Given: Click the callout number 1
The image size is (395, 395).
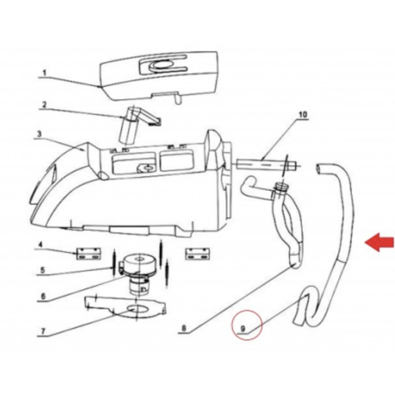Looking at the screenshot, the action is tap(45, 73).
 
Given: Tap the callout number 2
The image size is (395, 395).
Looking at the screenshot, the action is tap(44, 105).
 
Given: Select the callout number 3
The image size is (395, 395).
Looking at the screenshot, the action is tap(39, 134).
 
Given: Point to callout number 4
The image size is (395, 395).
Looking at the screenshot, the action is tap(40, 244).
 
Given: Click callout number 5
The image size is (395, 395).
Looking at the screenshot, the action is tap(42, 271).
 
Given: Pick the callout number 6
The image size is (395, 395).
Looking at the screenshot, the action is tap(43, 296).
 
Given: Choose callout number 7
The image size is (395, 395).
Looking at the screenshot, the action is tap(43, 331).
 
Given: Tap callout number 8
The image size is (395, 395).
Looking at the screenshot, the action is tap(184, 328).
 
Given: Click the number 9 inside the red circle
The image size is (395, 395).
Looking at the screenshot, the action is tap(243, 329).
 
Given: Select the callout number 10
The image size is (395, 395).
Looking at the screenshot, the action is tap(303, 115).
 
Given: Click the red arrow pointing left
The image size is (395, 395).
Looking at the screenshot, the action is tap(379, 242).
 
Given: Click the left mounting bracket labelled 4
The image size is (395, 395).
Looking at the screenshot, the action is tap(88, 254).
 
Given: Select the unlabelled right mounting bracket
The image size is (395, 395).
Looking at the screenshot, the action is tap(197, 253).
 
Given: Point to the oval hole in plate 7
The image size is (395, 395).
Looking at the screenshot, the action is tap(136, 308).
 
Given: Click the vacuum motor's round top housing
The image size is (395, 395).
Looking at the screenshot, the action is tap(138, 263).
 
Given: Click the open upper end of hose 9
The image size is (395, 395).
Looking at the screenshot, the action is tap(319, 169).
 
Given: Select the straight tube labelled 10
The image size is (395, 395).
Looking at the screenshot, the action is tap(266, 165).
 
